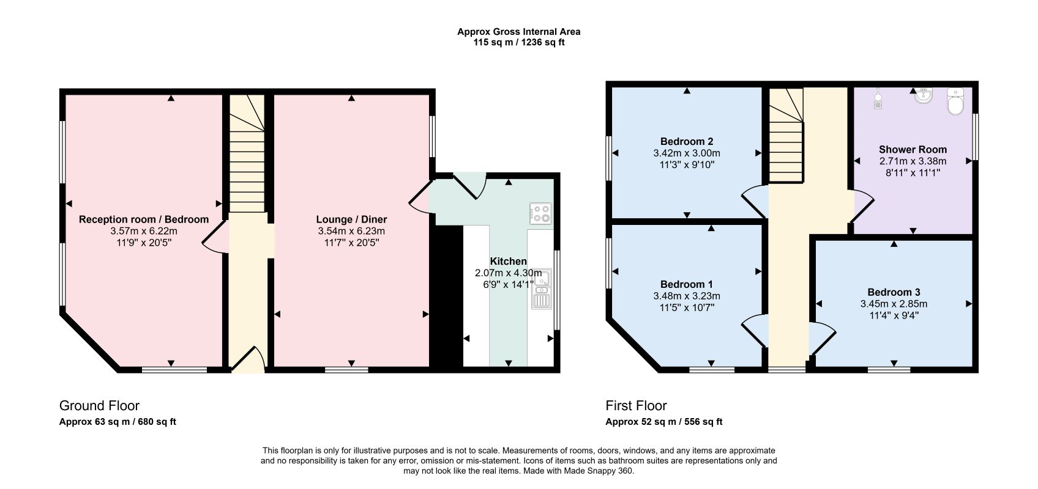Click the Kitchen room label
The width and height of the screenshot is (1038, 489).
pos(509,262)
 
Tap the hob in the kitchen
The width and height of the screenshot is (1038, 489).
pos(541,214)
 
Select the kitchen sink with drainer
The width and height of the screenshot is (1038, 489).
pos(541,289)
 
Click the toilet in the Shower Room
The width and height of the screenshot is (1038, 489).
pos(955,101)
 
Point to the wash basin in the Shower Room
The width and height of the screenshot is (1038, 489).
pos(923,96)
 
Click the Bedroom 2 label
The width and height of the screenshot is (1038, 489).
pos(687,142)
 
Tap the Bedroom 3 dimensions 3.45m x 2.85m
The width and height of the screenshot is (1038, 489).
pos(894,304)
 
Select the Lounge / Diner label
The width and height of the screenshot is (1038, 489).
pos(351,219)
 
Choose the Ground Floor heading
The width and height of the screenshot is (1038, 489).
pos(99,406)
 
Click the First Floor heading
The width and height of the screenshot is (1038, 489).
pos(636,406)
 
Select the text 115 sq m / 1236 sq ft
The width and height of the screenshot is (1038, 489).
pos(518,43)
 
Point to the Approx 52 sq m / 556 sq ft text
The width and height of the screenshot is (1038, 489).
pos(663,422)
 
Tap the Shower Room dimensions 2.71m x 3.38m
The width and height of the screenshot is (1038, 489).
pos(913,161)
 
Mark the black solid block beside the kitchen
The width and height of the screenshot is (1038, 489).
pos(447,296)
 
